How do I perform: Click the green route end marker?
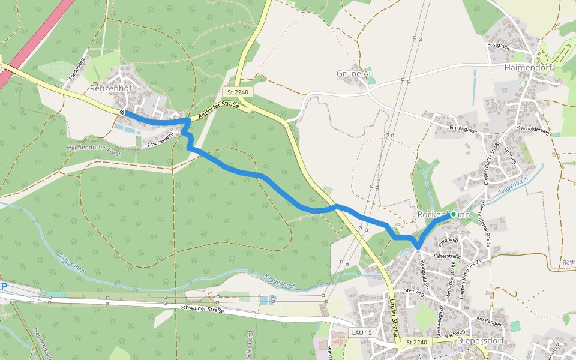click(454, 214)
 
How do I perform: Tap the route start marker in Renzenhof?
click(122, 112)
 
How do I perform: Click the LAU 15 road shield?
click(362, 332)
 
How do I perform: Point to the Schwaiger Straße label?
click(202, 309)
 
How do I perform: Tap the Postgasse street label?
click(499, 46)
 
